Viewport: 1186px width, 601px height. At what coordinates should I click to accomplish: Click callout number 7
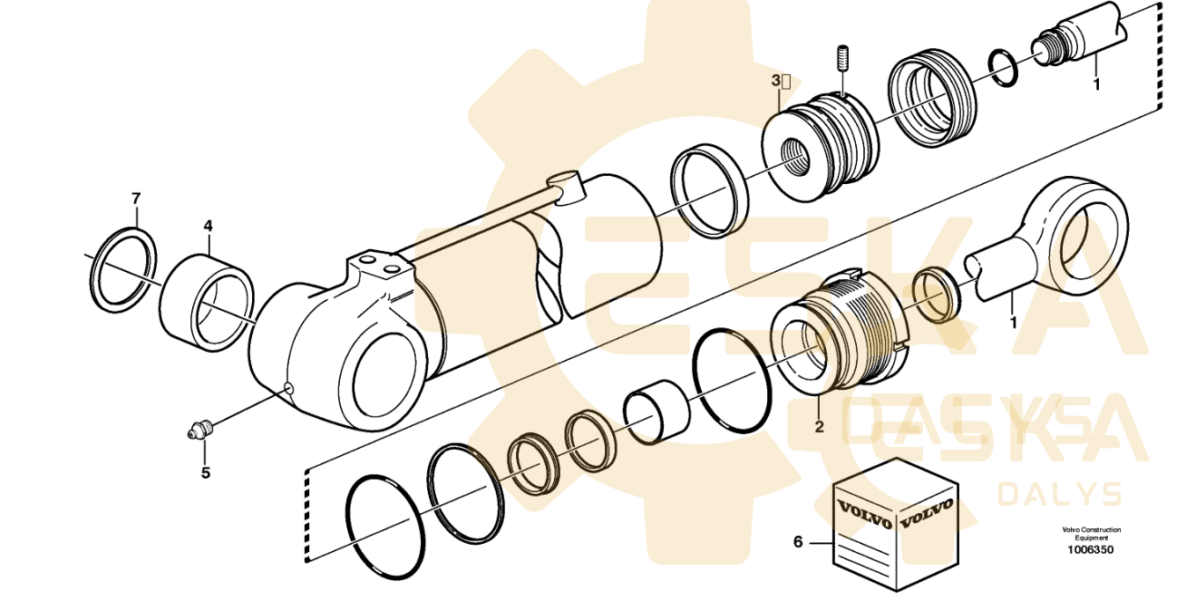[x=136, y=198]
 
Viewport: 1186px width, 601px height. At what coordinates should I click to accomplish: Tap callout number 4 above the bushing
[x=208, y=223]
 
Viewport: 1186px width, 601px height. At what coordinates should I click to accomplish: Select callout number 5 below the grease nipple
[x=205, y=471]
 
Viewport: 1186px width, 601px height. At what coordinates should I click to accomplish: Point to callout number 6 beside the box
[x=798, y=542]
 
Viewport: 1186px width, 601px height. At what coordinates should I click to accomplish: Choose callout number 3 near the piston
[x=776, y=81]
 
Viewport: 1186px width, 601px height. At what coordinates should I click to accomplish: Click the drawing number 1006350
[x=1091, y=549]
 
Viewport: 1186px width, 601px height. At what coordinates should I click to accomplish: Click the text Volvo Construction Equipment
[x=1092, y=533]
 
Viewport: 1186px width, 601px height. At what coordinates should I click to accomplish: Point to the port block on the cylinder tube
[x=377, y=273]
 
